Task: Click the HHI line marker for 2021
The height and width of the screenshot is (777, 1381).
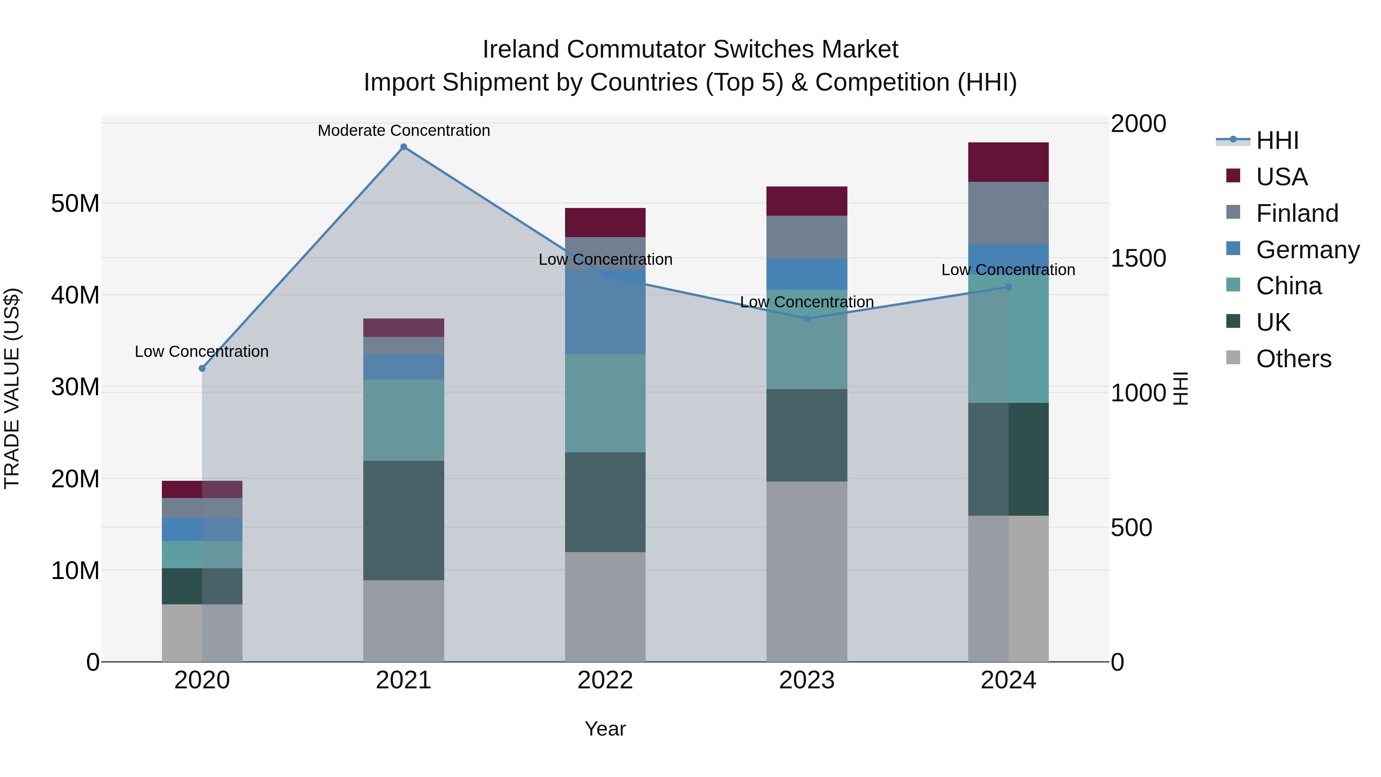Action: click(404, 147)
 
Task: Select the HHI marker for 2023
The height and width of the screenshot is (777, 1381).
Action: click(807, 318)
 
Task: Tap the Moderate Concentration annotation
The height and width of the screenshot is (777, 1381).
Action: click(404, 130)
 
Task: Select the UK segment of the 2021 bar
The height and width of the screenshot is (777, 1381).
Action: click(404, 520)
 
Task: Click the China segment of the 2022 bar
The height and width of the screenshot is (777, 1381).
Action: click(605, 403)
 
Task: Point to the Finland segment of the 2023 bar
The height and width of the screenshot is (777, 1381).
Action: click(807, 237)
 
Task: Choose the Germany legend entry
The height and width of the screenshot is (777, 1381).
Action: click(1307, 250)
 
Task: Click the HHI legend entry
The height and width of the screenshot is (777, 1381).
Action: click(1277, 140)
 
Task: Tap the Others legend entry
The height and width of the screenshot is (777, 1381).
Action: click(1293, 359)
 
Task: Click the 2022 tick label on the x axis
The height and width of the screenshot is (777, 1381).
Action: click(605, 680)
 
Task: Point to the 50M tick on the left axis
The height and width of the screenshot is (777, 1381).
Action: click(75, 204)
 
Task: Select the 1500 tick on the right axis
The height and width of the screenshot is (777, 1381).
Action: click(1138, 259)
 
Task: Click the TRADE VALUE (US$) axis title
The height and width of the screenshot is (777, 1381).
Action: click(12, 388)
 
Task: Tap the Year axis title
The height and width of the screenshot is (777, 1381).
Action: click(605, 729)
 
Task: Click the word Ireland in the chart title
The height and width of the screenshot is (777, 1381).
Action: click(521, 49)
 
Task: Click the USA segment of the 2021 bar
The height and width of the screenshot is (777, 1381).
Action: click(404, 328)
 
